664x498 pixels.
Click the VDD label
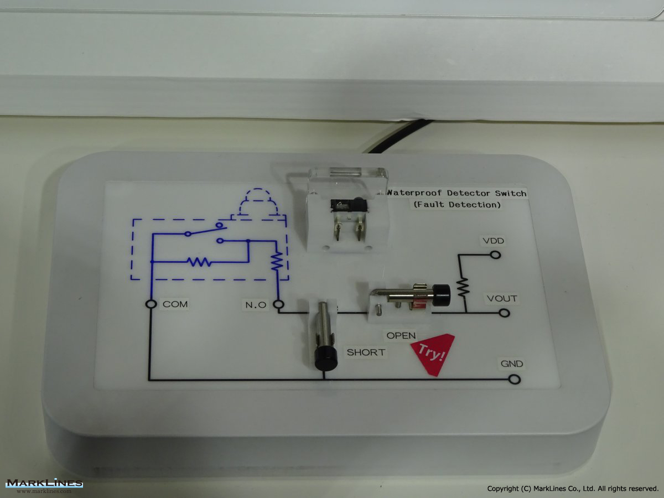click(x=494, y=241)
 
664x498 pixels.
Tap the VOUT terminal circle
click(x=504, y=313)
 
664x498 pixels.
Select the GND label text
click(x=512, y=364)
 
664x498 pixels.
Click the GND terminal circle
click(x=515, y=379)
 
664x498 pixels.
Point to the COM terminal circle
click(x=151, y=304)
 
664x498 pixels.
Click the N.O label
click(x=256, y=305)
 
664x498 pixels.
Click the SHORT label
click(x=366, y=352)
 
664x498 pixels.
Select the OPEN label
click(x=401, y=335)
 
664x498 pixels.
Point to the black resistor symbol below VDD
click(x=463, y=287)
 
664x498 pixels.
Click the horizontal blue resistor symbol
click(x=199, y=262)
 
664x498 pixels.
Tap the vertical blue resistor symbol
click(x=277, y=261)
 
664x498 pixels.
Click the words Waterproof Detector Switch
click(x=457, y=193)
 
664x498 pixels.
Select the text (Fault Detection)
click(x=457, y=205)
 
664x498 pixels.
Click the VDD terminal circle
click(x=495, y=255)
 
